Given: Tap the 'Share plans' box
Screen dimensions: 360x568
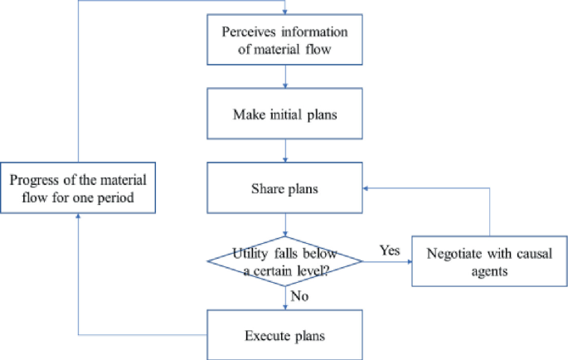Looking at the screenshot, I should [285, 187].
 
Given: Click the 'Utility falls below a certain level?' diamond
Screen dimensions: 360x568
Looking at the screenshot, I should [285, 263].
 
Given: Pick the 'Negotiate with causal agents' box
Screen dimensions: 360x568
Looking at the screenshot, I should [489, 263].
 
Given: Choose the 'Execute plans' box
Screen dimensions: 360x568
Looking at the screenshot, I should [285, 335].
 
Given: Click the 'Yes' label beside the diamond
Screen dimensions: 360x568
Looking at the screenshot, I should [390, 250].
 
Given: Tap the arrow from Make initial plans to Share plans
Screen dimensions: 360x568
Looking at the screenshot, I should [285, 151].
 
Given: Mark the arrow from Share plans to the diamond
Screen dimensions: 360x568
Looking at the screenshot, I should [285, 226].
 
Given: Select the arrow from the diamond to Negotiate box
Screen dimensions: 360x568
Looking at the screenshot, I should [387, 263].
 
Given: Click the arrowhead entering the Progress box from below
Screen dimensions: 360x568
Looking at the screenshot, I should [79, 217].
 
